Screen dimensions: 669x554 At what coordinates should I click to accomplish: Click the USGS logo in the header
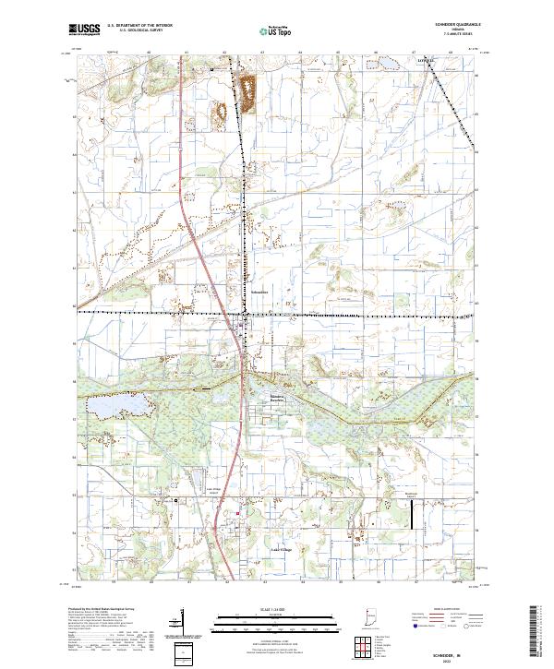click(x=84, y=30)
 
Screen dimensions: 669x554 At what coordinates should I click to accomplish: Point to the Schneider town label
click(x=259, y=292)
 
